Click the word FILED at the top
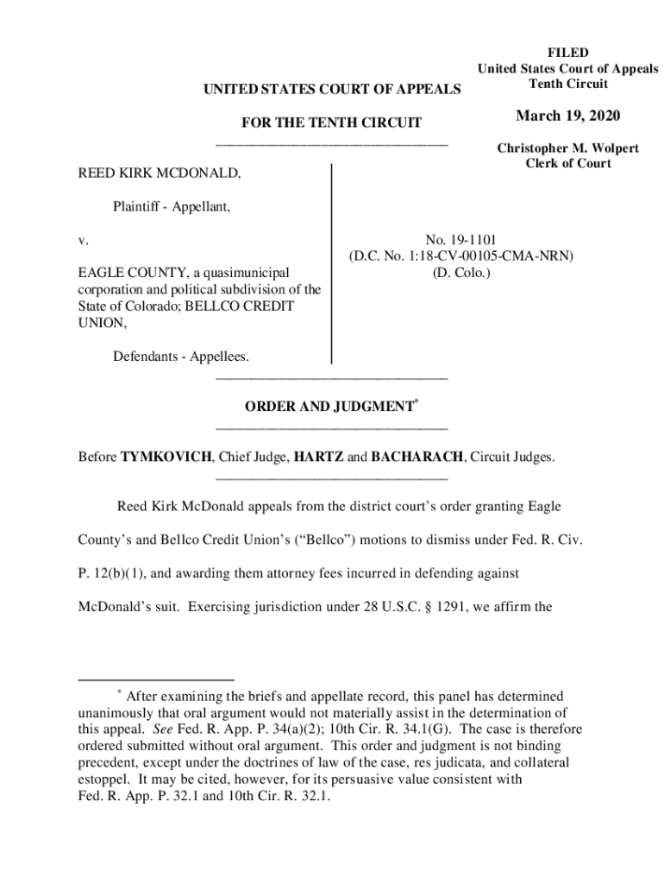click(x=567, y=54)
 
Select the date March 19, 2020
click(x=567, y=117)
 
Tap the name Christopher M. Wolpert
click(x=567, y=148)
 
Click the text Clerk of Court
click(x=567, y=164)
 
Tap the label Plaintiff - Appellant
click(x=172, y=206)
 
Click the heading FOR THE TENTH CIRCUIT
click(x=330, y=123)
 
